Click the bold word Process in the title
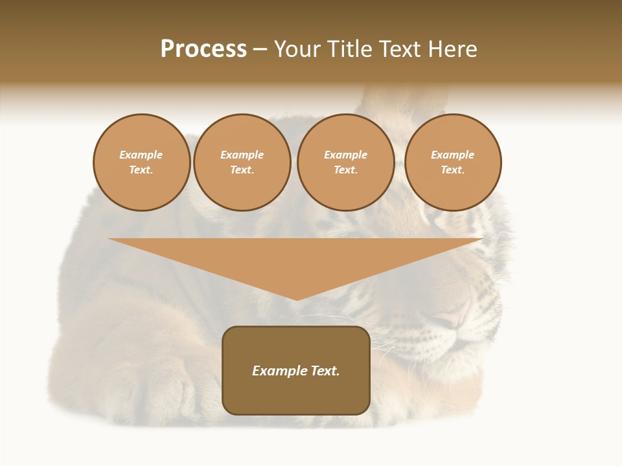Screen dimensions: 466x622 [203, 49]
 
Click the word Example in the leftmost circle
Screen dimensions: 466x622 [141, 155]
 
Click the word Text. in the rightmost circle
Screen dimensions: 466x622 [452, 170]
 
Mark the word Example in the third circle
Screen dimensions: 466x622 [345, 155]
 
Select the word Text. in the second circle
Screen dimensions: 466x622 [242, 170]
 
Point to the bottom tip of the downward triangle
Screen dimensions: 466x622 [297, 299]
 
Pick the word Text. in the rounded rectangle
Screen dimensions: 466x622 [324, 371]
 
